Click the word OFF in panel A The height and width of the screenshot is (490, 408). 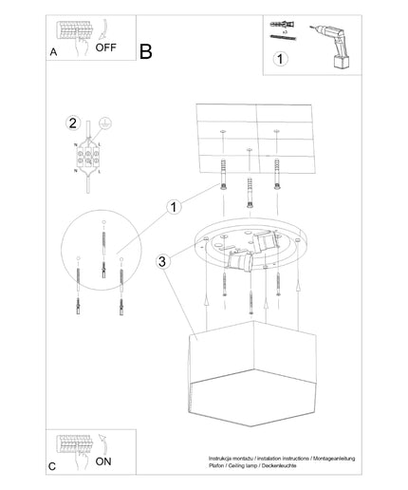[105, 47]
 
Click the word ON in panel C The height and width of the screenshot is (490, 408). [103, 462]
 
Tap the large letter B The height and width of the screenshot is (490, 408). [146, 51]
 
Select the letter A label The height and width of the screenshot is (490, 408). [53, 52]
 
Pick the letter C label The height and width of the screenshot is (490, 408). [52, 466]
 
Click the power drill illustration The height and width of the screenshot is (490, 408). [331, 47]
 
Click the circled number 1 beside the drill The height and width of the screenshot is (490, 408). [280, 59]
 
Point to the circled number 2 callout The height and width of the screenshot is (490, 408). [73, 123]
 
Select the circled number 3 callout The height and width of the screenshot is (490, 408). [162, 262]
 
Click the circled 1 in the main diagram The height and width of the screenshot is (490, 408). [174, 207]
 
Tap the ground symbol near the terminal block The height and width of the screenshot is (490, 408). [105, 123]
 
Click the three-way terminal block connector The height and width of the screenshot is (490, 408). [88, 158]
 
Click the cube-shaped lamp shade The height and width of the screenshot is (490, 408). [252, 373]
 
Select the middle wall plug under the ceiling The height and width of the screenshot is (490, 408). [250, 193]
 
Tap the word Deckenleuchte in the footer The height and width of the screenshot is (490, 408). [279, 465]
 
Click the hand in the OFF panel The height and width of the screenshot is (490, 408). [82, 46]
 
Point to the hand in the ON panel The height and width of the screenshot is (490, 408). [82, 460]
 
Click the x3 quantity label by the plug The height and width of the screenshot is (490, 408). [285, 32]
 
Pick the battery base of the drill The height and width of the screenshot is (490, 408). [342, 62]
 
